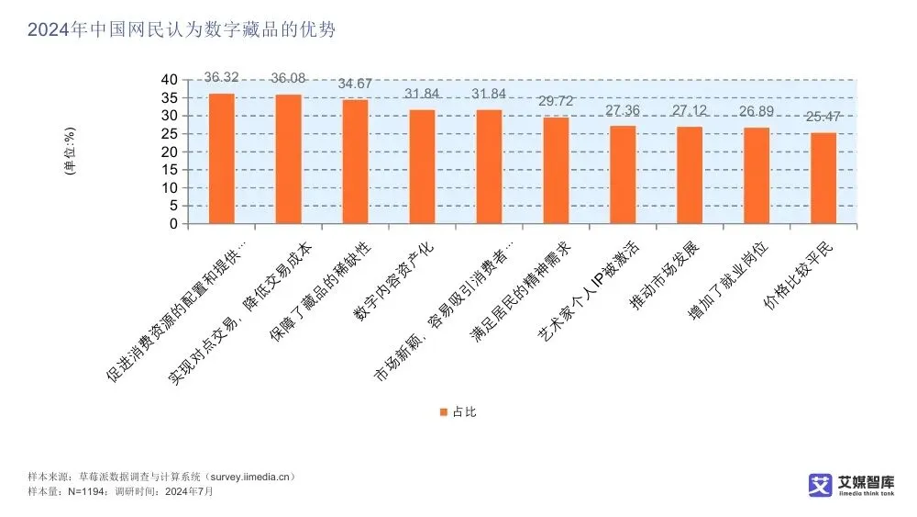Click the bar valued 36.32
tap(222, 159)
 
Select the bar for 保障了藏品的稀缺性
tap(356, 162)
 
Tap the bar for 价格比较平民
tap(823, 178)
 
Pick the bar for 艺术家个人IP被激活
tap(623, 174)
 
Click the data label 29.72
tap(556, 101)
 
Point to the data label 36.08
tap(289, 78)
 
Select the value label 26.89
tap(757, 111)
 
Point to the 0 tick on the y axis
tap(172, 224)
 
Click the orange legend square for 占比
tap(444, 412)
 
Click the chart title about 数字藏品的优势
tap(182, 30)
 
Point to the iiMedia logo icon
tap(820, 485)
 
